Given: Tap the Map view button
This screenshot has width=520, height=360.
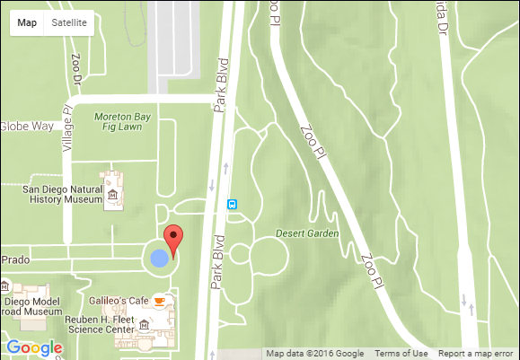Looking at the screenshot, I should pos(27,23).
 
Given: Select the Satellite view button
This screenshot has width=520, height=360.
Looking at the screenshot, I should pos(69,23).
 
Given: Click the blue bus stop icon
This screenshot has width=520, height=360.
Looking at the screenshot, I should pos(233,204).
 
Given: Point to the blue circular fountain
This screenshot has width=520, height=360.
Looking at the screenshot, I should pos(159,259).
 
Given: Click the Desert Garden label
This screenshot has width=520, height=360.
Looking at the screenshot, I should pos(307,233).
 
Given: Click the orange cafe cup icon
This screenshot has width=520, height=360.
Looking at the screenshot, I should pos(159,301).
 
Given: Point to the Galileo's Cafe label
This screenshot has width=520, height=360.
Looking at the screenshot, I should pos(118,300).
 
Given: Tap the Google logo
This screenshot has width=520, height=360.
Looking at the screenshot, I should pos(33,348).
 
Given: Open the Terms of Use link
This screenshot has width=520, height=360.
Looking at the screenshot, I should pos(401,353).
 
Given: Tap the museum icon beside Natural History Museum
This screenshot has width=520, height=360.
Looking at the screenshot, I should pos(113,195).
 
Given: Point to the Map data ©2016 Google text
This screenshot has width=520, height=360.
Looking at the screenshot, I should pos(314,353).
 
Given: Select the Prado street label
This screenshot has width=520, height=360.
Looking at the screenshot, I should pos(16,259).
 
